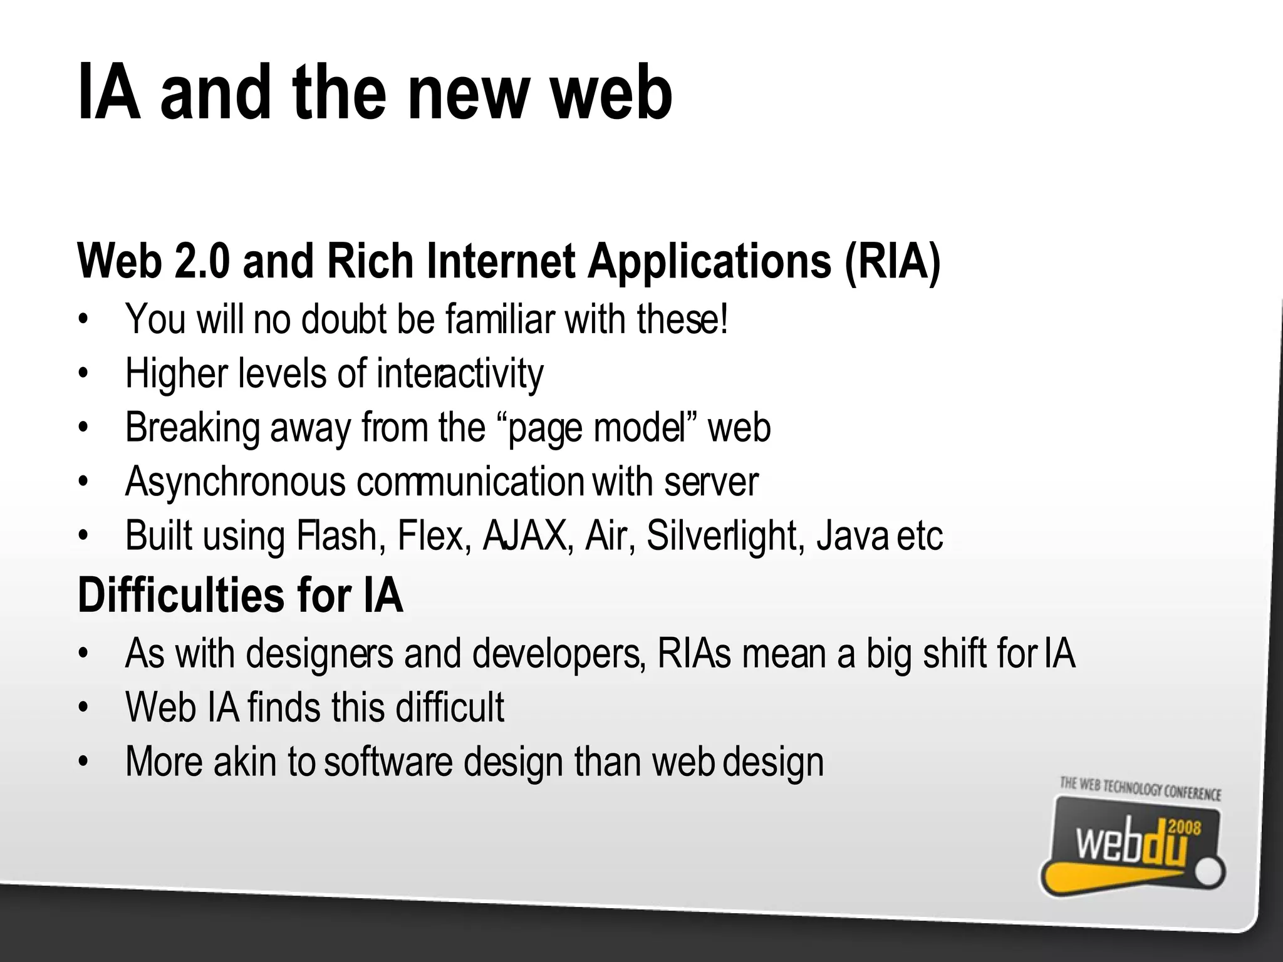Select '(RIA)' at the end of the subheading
pyautogui.click(x=892, y=262)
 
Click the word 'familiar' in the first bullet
pyautogui.click(x=500, y=319)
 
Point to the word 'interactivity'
pyautogui.click(x=460, y=374)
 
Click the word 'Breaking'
pyautogui.click(x=192, y=428)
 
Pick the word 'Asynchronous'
pyautogui.click(x=235, y=483)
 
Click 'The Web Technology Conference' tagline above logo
pyautogui.click(x=1140, y=789)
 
